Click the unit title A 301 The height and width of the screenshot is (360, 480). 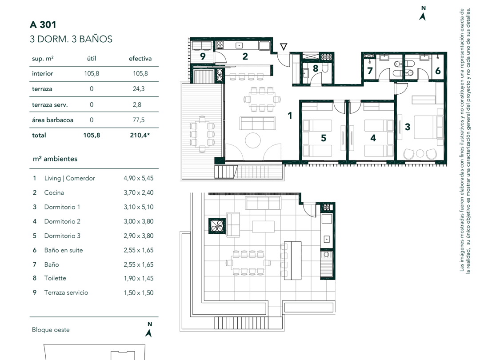[43, 24]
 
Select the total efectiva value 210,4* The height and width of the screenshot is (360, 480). [140, 135]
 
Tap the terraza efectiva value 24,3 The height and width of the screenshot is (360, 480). [138, 89]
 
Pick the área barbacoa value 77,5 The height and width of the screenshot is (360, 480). [138, 120]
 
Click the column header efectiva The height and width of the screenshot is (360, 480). [140, 59]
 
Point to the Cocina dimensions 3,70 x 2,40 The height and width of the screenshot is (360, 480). [139, 192]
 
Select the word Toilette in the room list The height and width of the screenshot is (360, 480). [55, 278]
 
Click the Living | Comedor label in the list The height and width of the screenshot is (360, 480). [69, 178]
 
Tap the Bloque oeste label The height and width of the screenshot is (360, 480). [51, 330]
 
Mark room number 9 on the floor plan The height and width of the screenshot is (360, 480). [203, 56]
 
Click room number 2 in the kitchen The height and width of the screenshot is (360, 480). [245, 56]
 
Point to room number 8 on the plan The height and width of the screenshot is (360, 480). [316, 68]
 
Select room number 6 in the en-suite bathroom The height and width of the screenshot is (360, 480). [438, 71]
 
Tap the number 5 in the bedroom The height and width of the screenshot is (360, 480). [324, 138]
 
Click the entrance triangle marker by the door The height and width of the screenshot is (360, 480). [284, 47]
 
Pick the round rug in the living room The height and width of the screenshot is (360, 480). [253, 140]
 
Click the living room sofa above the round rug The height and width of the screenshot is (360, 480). [257, 124]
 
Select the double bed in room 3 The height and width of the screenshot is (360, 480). [428, 127]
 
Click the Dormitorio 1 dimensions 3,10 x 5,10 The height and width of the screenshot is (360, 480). [139, 207]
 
